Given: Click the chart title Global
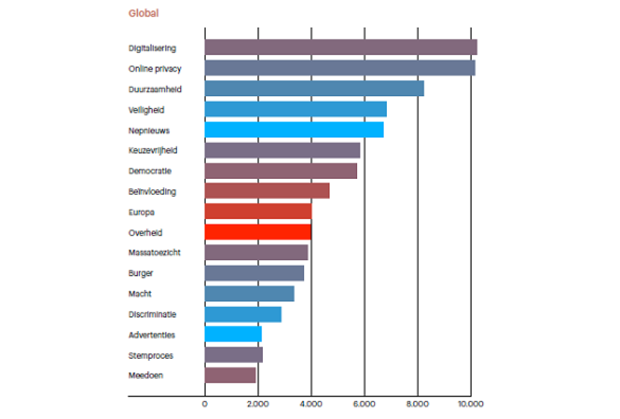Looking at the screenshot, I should (143, 13).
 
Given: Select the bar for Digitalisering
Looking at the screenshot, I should (340, 47).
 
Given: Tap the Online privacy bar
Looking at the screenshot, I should (340, 68).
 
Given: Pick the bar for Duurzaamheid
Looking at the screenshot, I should (314, 88).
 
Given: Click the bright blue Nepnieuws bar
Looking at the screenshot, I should (294, 130).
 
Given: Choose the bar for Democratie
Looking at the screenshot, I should (280, 171).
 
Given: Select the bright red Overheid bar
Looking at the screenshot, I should (258, 232).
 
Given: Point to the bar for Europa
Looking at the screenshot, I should (258, 212).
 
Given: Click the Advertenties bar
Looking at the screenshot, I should (232, 334).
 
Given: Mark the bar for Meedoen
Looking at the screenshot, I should (230, 375).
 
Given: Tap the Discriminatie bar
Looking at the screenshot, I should (243, 314).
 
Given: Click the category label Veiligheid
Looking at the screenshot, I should (147, 110).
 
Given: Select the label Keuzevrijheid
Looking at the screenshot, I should (153, 150).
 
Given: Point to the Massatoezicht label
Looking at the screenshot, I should (154, 252).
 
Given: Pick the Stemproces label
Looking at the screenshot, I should (151, 355).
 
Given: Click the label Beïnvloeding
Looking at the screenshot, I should (152, 192).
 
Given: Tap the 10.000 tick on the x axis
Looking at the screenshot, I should (470, 404).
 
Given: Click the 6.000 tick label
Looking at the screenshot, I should (364, 404).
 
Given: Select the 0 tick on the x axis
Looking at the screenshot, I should (205, 404).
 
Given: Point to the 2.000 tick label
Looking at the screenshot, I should (258, 404).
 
